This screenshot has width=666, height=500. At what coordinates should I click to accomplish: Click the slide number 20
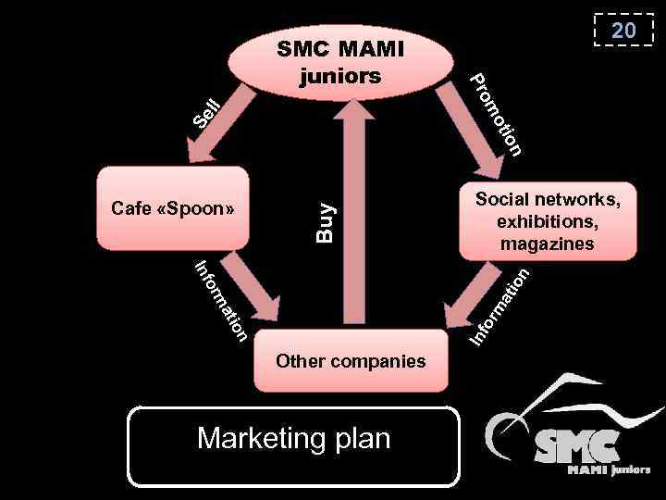623,31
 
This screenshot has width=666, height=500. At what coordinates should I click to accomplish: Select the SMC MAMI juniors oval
340,61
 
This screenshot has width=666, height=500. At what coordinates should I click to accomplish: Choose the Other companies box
351,360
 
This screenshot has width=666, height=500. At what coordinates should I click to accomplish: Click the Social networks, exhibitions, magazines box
547,220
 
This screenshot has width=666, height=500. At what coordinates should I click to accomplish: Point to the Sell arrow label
205,112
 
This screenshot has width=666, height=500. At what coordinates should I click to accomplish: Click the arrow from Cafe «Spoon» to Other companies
250,286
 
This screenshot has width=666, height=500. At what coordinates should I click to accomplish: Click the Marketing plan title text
293,438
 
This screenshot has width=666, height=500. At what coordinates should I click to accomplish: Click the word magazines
547,244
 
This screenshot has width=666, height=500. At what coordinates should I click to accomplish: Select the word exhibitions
547,222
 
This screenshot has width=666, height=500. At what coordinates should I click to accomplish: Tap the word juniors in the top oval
340,75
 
